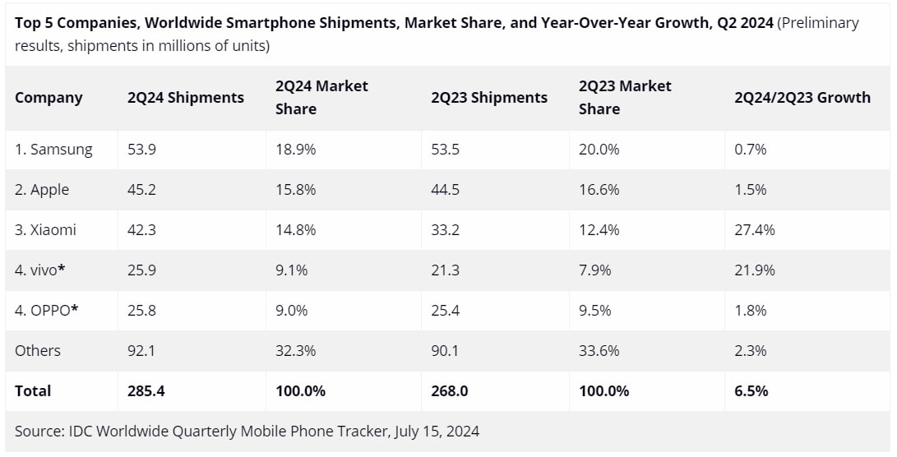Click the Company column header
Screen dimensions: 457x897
tap(49, 98)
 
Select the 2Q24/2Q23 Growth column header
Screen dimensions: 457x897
tap(802, 98)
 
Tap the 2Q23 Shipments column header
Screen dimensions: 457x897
tap(488, 98)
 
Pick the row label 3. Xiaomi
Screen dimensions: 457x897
tap(45, 230)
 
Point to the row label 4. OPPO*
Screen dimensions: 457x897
tap(47, 311)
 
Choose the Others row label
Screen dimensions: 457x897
tap(38, 351)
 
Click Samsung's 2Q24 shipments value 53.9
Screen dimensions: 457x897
tap(141, 150)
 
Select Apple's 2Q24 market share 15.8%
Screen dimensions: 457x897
tap(296, 190)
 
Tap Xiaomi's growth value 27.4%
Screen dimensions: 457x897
tap(754, 230)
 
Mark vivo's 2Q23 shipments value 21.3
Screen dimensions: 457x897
tap(445, 270)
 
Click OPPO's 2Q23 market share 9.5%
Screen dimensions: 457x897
tap(599, 311)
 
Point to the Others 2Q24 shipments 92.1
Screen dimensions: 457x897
tap(141, 351)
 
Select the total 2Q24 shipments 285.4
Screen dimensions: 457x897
tap(146, 391)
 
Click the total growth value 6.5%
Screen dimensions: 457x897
tap(751, 391)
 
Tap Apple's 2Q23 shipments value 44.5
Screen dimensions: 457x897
tap(445, 190)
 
